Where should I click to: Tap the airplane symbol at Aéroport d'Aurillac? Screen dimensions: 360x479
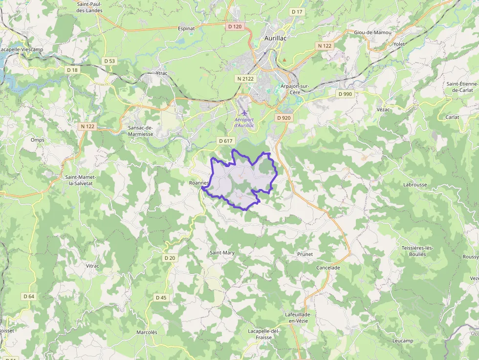(x=244, y=113)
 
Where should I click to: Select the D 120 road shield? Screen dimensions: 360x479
(x=235, y=26)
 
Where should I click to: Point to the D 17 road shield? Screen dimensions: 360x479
(x=297, y=11)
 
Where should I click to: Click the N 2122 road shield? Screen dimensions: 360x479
(x=245, y=79)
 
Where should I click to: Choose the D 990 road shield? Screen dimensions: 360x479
(x=345, y=94)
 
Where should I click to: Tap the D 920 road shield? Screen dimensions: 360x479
(x=283, y=118)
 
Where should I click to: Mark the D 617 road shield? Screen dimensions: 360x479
(x=225, y=141)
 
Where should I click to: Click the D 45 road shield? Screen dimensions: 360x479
(x=161, y=297)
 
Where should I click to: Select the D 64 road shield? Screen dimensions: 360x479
(x=29, y=296)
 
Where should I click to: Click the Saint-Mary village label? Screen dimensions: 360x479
(x=222, y=253)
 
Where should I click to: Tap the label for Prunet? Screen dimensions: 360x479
(x=305, y=254)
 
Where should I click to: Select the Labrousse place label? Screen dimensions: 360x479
(x=415, y=185)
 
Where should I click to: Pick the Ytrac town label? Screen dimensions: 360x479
(x=161, y=73)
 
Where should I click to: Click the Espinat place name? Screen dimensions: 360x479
(x=187, y=28)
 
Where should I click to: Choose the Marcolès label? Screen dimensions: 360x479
(x=147, y=332)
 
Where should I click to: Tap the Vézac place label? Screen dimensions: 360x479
(x=383, y=109)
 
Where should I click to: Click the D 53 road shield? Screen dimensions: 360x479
(x=109, y=61)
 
